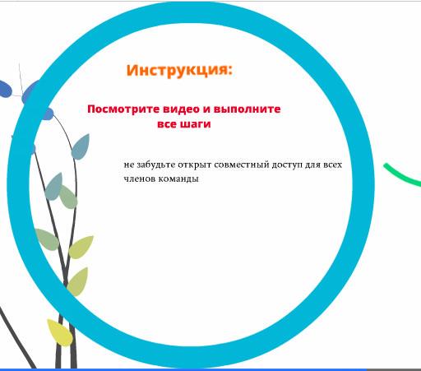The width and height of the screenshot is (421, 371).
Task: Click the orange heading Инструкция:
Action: pyautogui.click(x=179, y=71)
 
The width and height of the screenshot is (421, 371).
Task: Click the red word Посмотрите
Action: pyautogui.click(x=123, y=109)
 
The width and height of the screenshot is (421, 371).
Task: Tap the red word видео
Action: pyautogui.click(x=181, y=109)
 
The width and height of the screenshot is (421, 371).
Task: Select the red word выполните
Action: pyautogui.click(x=247, y=109)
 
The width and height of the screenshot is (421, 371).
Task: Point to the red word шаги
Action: pyautogui.click(x=196, y=124)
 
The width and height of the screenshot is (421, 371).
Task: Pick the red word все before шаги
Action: pyautogui.click(x=167, y=124)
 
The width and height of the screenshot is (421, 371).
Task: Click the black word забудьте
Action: pyautogui.click(x=155, y=165)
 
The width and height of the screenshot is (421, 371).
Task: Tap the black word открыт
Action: pyautogui.click(x=195, y=165)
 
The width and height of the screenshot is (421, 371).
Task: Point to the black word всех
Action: pyautogui.click(x=333, y=165)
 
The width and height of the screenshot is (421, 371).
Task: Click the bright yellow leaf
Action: pyautogui.click(x=60, y=332)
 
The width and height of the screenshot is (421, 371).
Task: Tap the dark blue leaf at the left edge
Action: pyautogui.click(x=6, y=89)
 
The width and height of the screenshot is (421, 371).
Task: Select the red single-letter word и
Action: pyautogui.click(x=206, y=109)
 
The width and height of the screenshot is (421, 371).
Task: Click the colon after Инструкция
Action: pyautogui.click(x=229, y=71)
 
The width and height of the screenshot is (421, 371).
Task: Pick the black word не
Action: pyautogui.click(x=129, y=165)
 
